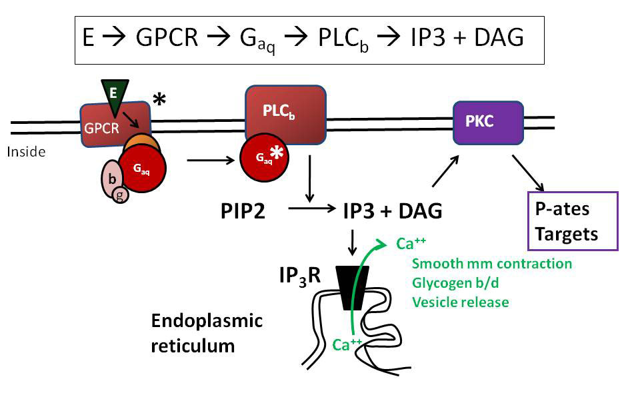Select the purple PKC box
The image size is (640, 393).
(487, 123)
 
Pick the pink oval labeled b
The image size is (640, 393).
(110, 178)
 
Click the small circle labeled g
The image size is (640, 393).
(120, 195)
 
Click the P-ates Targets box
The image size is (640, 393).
(573, 220)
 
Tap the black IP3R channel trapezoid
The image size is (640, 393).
(352, 287)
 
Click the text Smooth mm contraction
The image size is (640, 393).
(492, 264)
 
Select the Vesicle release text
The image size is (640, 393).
(460, 302)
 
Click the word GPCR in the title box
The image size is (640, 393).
(167, 39)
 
